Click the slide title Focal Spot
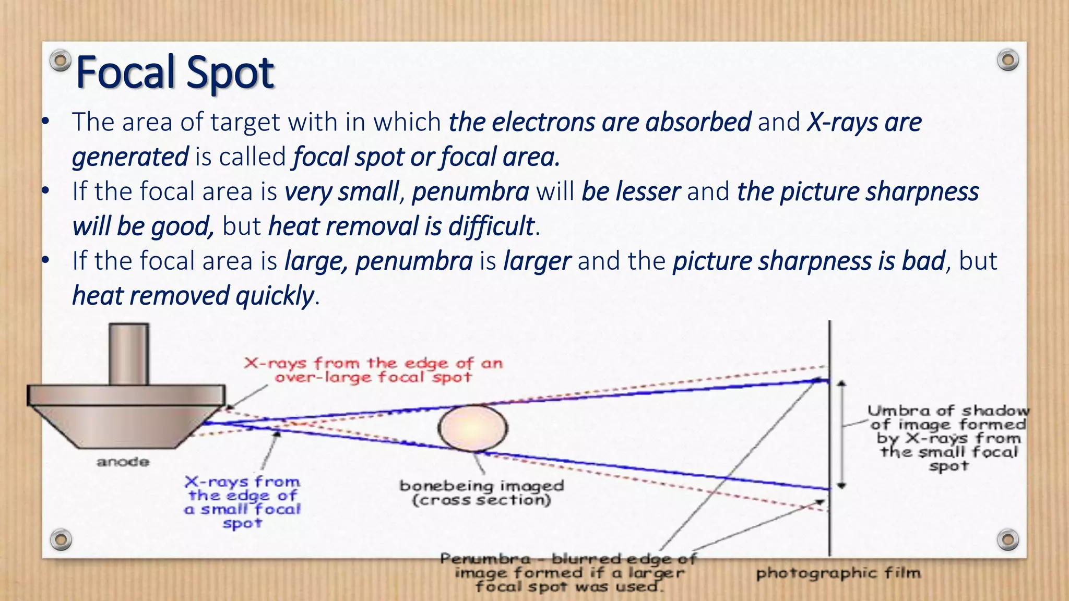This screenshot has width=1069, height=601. click(175, 73)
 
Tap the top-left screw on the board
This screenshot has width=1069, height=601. click(61, 61)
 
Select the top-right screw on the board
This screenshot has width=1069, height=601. click(1007, 60)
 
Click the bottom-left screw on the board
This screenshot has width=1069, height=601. click(61, 539)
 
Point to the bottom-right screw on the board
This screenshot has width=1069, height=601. click(1007, 539)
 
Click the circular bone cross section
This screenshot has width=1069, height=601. click(472, 428)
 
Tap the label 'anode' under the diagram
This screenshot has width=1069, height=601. click(123, 462)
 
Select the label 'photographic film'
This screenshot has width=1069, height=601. click(838, 573)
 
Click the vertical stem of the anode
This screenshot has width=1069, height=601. click(128, 354)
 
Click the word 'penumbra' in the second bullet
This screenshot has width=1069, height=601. click(470, 191)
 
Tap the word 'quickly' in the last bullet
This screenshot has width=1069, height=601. click(275, 296)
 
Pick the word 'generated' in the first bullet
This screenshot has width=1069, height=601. click(130, 157)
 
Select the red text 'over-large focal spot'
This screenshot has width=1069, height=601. click(373, 377)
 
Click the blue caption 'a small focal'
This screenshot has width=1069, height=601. click(243, 509)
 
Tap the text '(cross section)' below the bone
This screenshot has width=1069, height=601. click(481, 500)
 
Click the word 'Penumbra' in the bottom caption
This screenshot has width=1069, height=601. click(485, 559)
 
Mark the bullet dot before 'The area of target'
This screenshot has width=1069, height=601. click(45, 122)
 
